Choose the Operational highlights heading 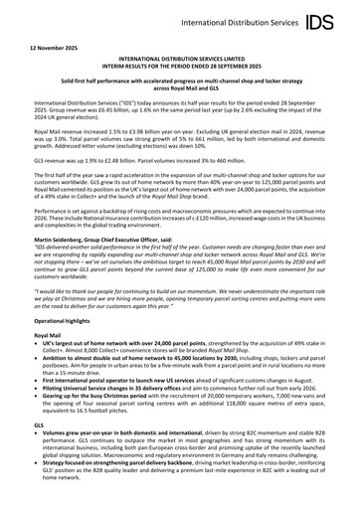(x=67, y=350)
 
